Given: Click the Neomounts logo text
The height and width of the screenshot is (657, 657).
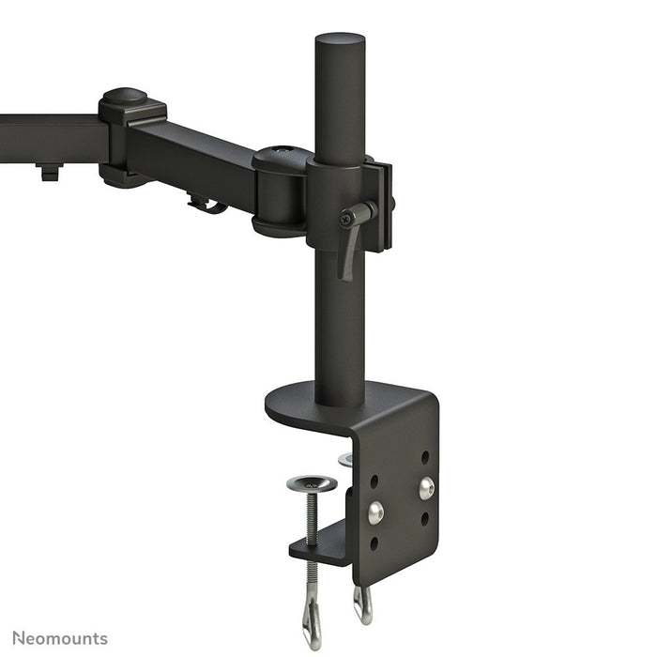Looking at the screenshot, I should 60,638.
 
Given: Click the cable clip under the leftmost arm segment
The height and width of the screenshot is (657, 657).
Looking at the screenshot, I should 49,172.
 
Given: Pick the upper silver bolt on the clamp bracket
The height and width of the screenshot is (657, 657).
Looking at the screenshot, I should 426,486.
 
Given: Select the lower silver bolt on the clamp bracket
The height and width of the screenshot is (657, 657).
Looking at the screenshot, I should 375,512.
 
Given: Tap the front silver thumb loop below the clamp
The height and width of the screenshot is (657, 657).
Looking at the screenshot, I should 312,616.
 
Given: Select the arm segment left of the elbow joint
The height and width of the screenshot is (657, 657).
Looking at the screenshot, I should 52,139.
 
